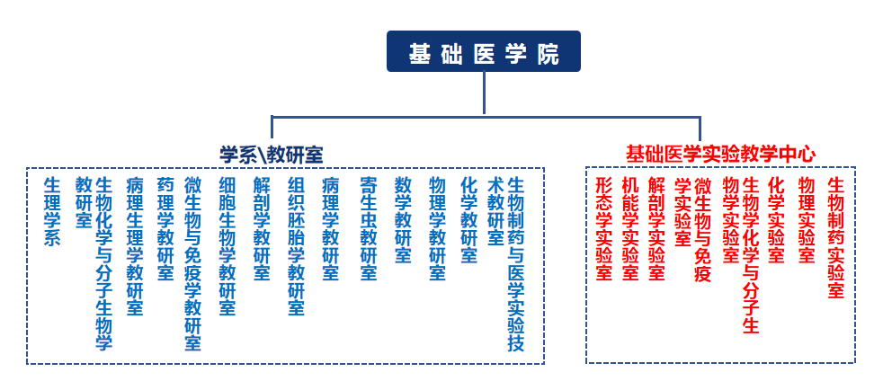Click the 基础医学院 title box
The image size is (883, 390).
click(483, 52)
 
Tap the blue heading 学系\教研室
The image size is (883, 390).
click(272, 154)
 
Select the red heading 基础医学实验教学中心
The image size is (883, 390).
click(720, 154)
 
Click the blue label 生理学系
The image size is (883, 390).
click(52, 211)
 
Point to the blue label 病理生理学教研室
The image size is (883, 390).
click(135, 245)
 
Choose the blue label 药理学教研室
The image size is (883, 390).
click(165, 228)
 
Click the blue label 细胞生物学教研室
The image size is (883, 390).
click(227, 245)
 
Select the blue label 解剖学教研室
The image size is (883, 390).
click(262, 228)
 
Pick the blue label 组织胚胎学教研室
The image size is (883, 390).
click(296, 245)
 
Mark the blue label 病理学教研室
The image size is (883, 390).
click(330, 228)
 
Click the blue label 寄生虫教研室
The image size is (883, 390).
click(368, 228)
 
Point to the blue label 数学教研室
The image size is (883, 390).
click(403, 219)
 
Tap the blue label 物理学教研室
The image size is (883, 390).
click(437, 228)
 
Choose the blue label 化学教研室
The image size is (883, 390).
click(468, 219)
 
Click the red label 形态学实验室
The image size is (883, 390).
click(604, 228)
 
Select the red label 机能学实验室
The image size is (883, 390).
click(630, 228)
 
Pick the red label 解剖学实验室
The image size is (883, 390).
click(656, 228)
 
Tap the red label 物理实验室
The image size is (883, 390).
click(806, 219)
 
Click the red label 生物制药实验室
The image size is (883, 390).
click(835, 237)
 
